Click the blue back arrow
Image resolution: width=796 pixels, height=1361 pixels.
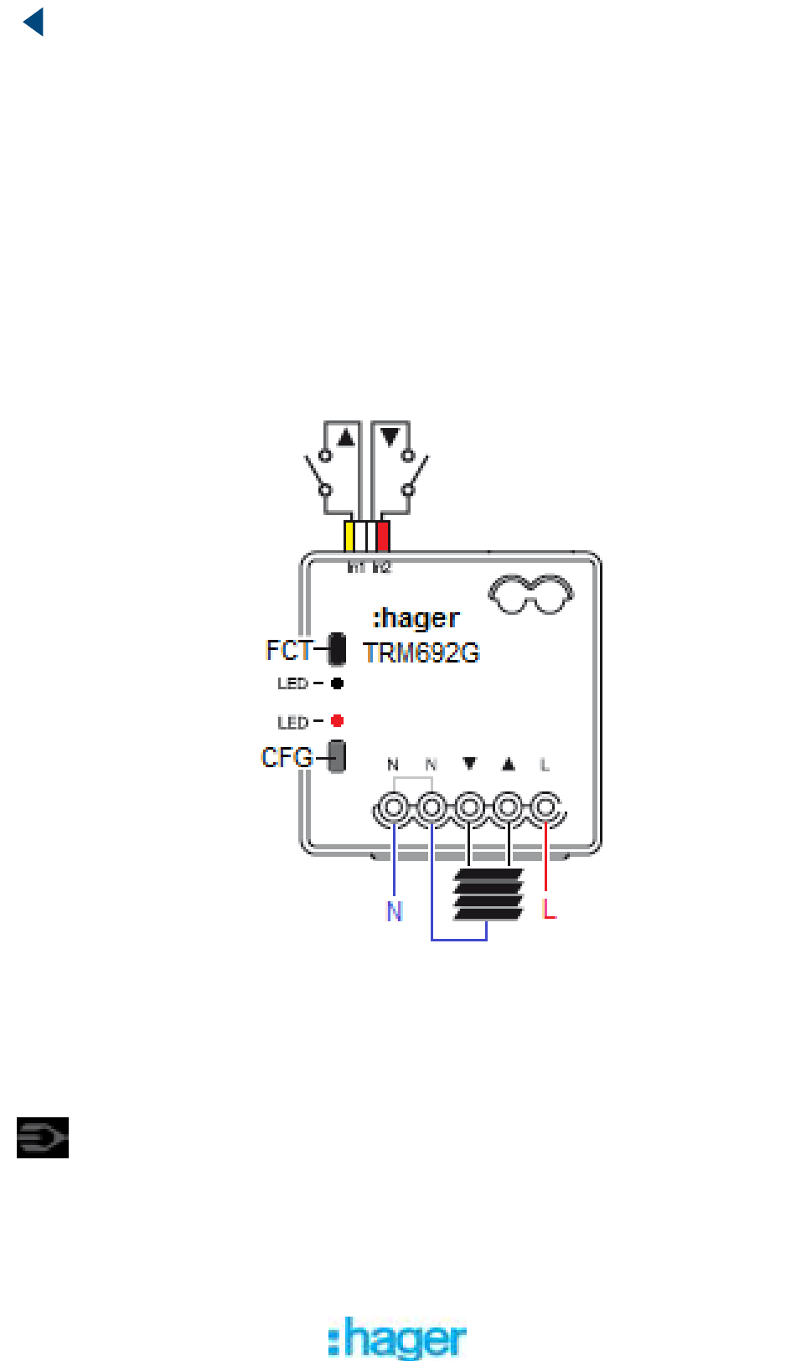click(x=34, y=23)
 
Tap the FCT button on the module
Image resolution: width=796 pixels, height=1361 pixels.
click(x=337, y=649)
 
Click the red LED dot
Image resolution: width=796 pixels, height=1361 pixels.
click(x=337, y=721)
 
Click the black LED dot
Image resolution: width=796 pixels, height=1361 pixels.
click(x=337, y=683)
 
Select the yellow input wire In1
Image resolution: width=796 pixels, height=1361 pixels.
click(x=349, y=536)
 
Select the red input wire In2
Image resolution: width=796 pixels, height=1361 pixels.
click(x=383, y=536)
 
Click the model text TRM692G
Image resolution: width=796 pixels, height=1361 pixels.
click(x=421, y=653)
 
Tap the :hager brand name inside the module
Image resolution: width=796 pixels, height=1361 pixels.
click(x=416, y=618)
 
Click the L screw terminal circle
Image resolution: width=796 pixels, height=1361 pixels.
click(x=545, y=809)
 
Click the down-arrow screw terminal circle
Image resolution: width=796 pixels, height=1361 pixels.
click(x=469, y=809)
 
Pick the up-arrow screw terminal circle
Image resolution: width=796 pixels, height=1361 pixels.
click(x=508, y=809)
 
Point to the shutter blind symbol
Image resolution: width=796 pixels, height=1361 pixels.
click(x=488, y=894)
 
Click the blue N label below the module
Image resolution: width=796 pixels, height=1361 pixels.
click(x=394, y=911)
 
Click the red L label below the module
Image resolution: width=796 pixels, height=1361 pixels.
click(x=549, y=908)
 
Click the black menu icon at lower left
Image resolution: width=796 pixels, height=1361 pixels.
click(x=43, y=1138)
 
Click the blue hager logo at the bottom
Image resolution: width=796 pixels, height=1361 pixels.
click(x=397, y=1338)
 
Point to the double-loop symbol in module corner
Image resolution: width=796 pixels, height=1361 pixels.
click(x=530, y=593)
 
